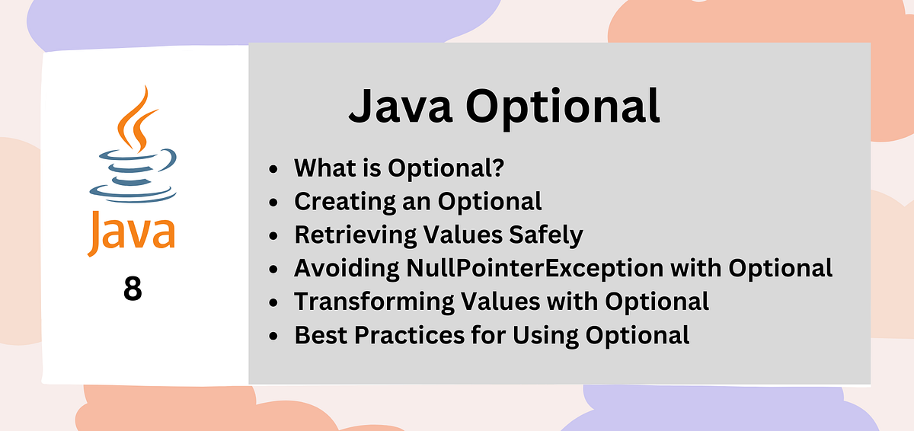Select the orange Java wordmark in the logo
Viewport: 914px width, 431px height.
point(131,231)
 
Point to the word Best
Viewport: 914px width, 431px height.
point(318,334)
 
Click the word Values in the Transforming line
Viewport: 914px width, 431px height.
point(484,301)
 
